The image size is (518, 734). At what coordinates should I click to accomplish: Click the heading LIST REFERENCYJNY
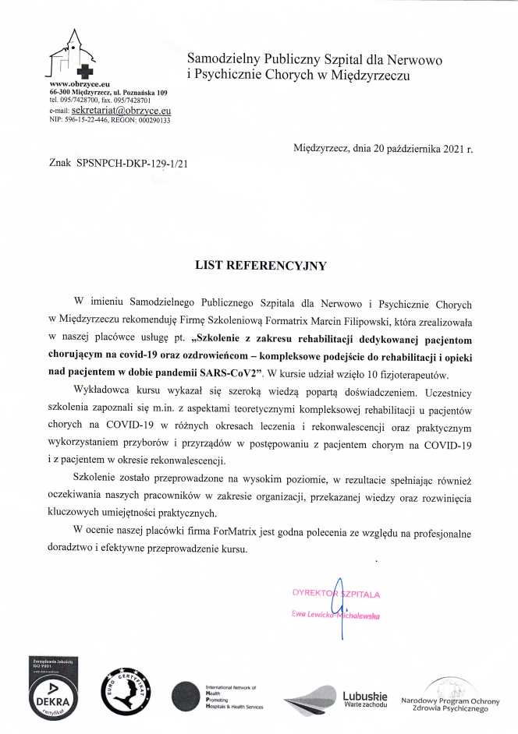(260, 265)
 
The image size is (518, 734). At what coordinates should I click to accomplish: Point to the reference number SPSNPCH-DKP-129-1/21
(133, 164)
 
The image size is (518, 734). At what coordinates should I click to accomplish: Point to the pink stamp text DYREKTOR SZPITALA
(335, 593)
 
